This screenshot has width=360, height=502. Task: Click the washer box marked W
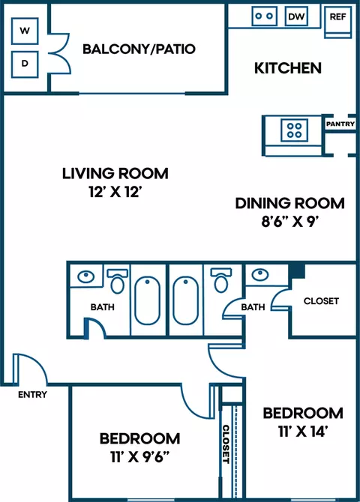coord(25,31)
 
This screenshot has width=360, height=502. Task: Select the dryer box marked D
coord(25,64)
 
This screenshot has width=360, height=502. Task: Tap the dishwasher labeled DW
coord(296,16)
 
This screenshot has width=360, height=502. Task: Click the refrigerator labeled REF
coord(338,22)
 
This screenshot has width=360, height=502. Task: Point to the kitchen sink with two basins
coord(265,16)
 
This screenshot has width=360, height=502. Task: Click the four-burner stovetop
coord(294,130)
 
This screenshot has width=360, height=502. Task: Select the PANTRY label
coord(340,124)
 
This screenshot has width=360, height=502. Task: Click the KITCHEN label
coord(288,68)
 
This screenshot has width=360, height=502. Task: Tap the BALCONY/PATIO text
coord(139,49)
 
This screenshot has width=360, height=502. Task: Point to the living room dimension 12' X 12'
coord(115,192)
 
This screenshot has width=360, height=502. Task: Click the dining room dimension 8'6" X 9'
coord(290,221)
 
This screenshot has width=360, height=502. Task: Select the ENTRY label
coord(32,394)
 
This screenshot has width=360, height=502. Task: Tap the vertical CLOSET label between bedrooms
coord(226,444)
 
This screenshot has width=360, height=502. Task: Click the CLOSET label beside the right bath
coord(321,301)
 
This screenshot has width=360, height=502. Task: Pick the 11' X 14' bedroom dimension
coord(302,432)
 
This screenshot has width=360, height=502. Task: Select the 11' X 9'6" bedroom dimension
coord(139,457)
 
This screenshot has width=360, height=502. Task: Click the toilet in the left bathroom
coord(117,281)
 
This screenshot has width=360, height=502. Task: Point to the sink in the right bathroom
coord(260,274)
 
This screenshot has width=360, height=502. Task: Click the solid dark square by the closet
coord(297,271)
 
